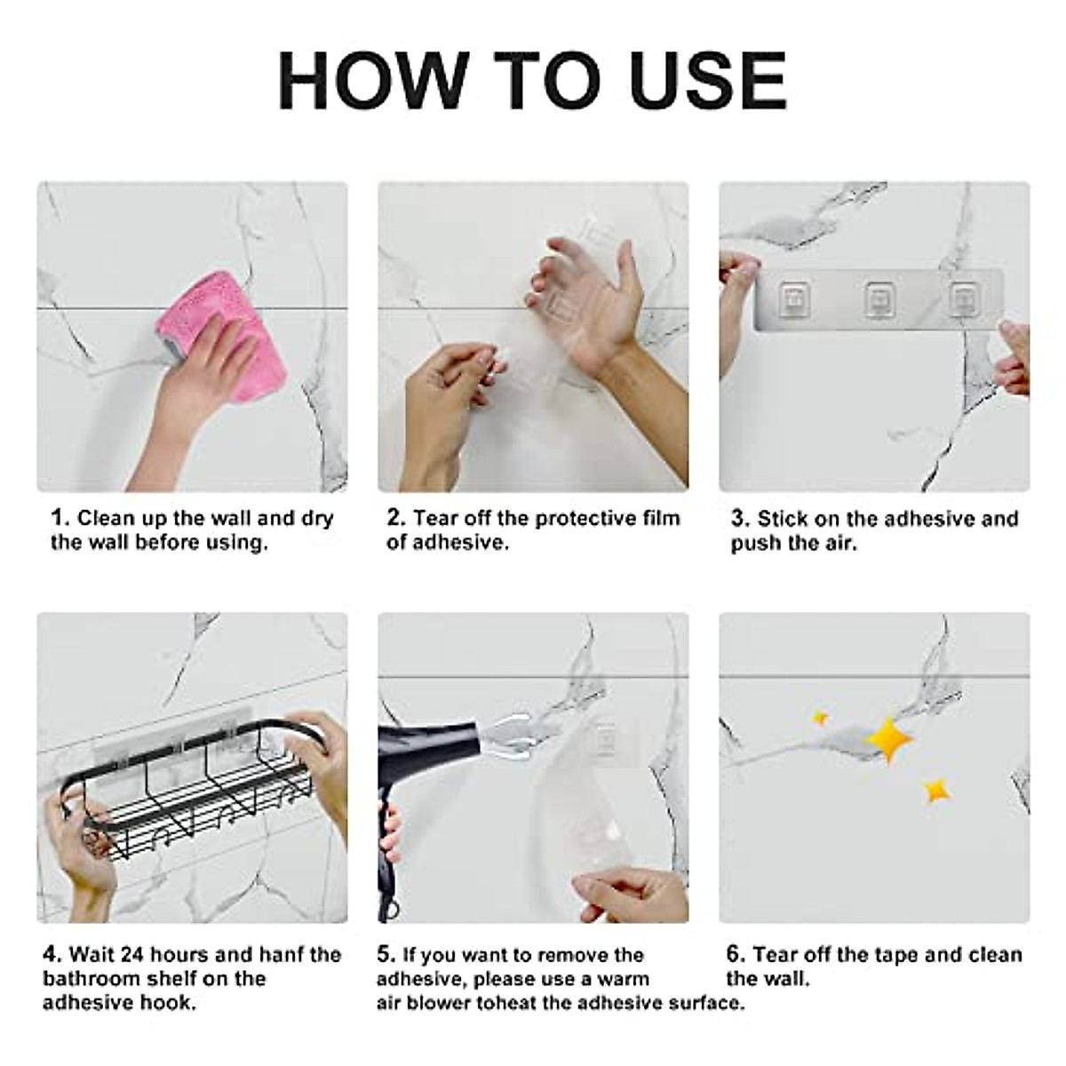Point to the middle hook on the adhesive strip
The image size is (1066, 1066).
coord(880,299)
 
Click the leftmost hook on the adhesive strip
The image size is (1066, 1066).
coord(795,299)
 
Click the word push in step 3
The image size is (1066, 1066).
coord(756,544)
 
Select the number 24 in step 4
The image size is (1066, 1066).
coord(132,954)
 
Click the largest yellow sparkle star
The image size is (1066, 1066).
coord(889,739)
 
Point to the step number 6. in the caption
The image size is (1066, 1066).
coord(736,954)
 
